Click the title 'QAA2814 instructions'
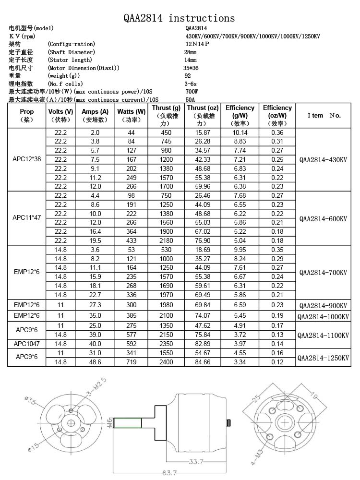pos(180,18)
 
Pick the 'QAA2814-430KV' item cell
pos(323,159)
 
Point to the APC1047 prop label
pos(27,343)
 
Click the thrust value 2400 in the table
pos(166,362)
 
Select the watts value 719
pos(131,362)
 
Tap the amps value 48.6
pos(95,362)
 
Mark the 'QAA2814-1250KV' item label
pos(323,358)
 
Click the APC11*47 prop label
pos(27,217)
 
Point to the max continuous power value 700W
pos(191,91)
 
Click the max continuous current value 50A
pos(190,99)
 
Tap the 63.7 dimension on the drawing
pos(169,473)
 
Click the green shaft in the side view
pos(127,423)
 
